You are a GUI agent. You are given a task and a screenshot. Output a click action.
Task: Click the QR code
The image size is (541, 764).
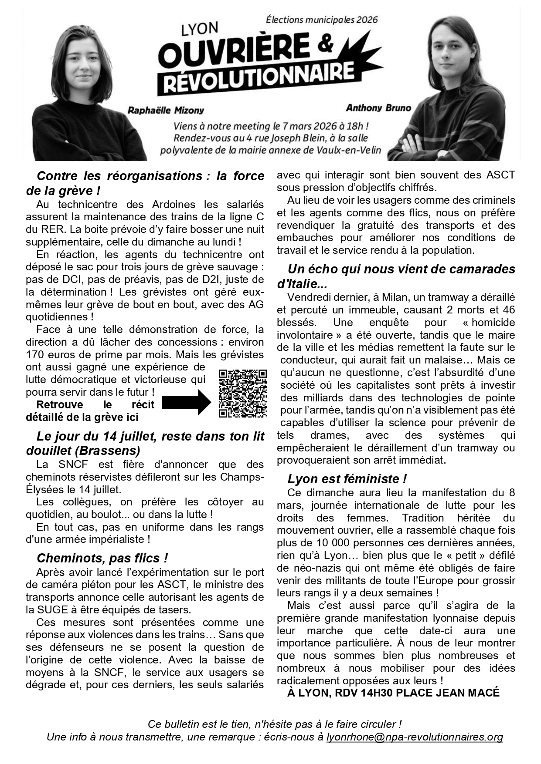point(242,393)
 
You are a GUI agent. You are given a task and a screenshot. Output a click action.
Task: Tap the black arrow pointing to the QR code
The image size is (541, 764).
point(186,402)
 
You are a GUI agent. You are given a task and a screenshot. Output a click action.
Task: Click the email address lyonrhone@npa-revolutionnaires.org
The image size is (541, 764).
point(415,737)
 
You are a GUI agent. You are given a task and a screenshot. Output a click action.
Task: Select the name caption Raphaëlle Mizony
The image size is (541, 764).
point(166,110)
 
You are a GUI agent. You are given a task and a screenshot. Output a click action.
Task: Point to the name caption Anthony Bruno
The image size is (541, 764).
point(378,108)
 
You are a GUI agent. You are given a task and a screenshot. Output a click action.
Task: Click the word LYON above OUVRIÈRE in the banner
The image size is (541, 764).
point(200,30)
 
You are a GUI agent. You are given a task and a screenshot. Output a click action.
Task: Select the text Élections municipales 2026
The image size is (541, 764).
point(322,20)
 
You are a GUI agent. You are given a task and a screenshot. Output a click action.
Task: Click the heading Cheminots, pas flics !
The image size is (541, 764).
point(102,558)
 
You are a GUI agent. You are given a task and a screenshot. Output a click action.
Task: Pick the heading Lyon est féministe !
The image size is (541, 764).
point(347,479)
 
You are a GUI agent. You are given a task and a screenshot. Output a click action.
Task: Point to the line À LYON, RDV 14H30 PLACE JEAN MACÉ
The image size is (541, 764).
point(393,693)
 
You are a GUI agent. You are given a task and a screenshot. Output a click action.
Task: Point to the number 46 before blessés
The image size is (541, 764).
point(508,310)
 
